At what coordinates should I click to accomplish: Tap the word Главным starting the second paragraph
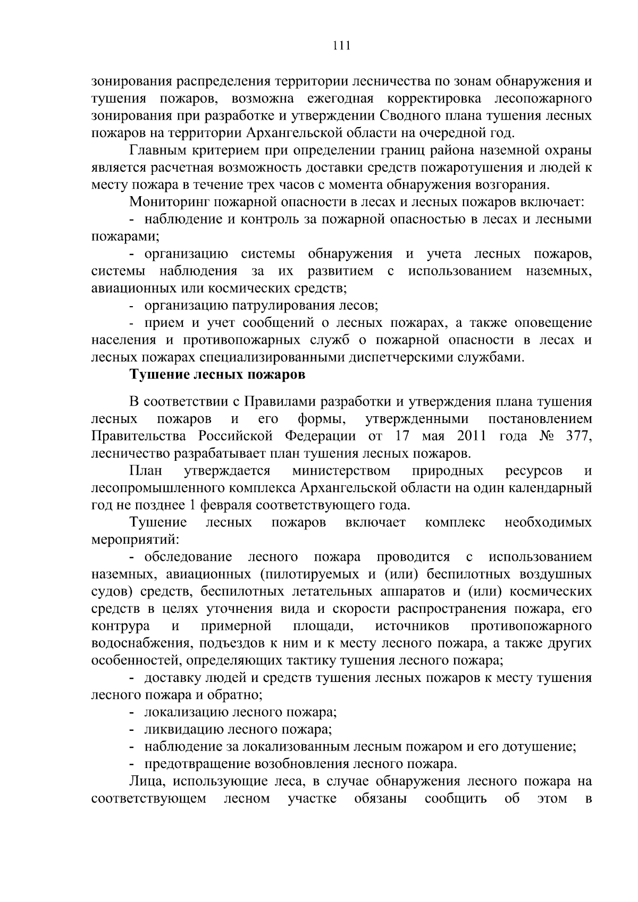(155, 150)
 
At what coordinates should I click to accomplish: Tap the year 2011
(471, 437)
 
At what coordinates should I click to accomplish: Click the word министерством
(341, 471)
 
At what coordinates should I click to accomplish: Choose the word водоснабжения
(135, 644)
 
